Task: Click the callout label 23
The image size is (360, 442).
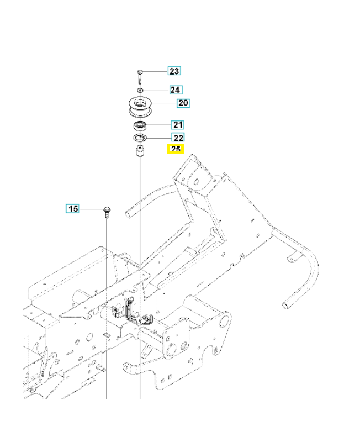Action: pos(174,71)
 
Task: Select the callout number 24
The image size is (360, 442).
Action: pos(175,90)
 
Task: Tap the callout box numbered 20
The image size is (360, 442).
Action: pos(183,103)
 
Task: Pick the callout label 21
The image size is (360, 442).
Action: pos(178,125)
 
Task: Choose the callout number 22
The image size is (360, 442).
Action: pos(178,138)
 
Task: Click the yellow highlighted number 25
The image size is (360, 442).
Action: pos(176,149)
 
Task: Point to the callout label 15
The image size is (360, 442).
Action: pos(73,209)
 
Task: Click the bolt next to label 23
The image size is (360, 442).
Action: pos(141,75)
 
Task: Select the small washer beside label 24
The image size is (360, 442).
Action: pos(141,89)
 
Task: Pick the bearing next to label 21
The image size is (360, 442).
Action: pos(141,125)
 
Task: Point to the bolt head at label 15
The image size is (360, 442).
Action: pos(107,209)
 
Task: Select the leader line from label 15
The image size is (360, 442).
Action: pos(91,209)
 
